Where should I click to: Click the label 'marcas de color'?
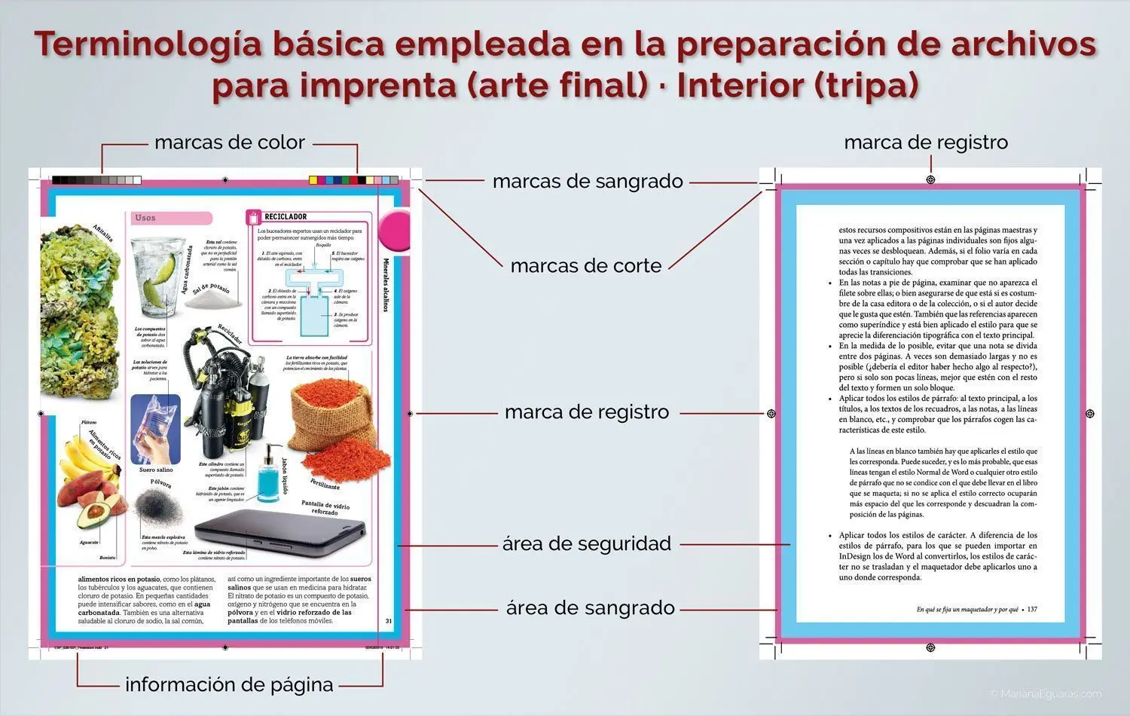[x=229, y=142]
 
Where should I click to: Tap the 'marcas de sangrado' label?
[x=588, y=182]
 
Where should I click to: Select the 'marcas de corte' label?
[x=586, y=266]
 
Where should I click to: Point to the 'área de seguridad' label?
[x=587, y=543]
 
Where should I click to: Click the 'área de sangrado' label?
[x=590, y=608]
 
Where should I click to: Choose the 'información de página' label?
[x=229, y=684]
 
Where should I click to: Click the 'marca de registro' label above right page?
[x=926, y=142]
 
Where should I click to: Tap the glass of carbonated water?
[x=158, y=277]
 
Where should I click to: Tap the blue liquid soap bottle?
[x=267, y=474]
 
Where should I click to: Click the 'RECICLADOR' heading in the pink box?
[x=286, y=217]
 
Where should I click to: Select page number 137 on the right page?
[x=1032, y=609]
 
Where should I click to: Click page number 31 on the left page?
[x=389, y=621]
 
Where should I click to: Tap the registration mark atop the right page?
[x=930, y=180]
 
